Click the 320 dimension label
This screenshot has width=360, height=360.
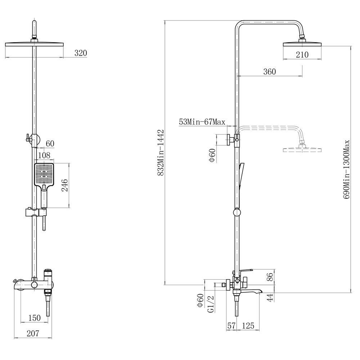81,53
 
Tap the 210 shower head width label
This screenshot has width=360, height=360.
302,55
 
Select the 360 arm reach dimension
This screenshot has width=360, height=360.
270,72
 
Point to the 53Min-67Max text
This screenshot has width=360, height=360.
202,122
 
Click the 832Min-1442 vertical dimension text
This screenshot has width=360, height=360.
161,153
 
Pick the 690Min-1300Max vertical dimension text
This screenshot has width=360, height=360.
346,170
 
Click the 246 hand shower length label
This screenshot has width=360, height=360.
65,185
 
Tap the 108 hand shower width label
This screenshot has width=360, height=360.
44,156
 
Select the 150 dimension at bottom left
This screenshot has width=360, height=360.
35,318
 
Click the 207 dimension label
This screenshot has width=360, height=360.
33,333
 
